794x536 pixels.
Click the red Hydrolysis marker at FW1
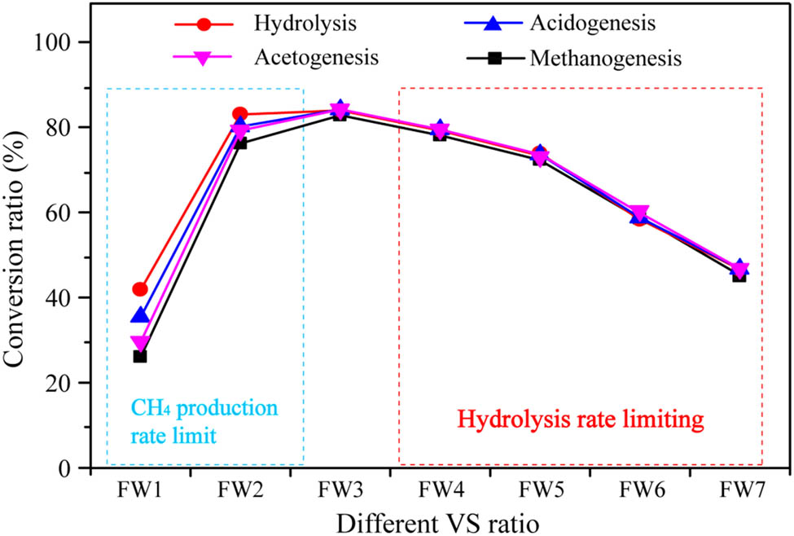click(140, 289)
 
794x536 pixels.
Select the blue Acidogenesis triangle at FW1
click(140, 314)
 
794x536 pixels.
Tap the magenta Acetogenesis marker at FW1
click(140, 344)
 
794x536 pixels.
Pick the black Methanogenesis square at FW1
click(140, 356)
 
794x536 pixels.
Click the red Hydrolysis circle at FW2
click(239, 114)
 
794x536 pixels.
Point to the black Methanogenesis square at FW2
click(240, 143)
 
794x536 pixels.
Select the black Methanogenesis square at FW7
click(739, 275)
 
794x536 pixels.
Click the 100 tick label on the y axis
click(63, 42)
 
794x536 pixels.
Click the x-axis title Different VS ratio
click(440, 520)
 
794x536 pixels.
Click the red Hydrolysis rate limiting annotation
click(580, 420)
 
